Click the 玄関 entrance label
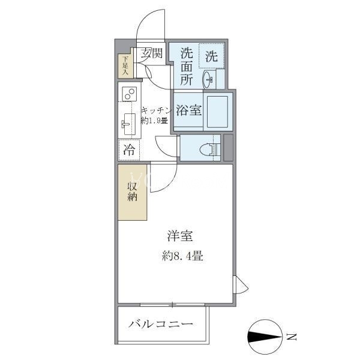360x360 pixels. click(x=152, y=53)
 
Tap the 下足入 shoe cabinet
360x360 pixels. click(x=125, y=66)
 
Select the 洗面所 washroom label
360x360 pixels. click(x=187, y=67)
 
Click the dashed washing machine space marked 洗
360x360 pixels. click(x=211, y=55)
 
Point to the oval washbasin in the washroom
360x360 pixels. click(x=208, y=80)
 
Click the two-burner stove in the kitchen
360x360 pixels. click(x=129, y=94)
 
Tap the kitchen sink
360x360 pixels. click(x=128, y=124)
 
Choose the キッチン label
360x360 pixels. click(x=157, y=110)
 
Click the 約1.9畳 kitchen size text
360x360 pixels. click(x=154, y=121)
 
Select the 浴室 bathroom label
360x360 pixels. click(x=189, y=110)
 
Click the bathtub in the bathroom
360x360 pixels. click(x=217, y=112)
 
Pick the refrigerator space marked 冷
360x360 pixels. click(x=129, y=150)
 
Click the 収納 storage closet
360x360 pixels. click(x=133, y=193)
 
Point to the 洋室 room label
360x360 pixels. click(x=180, y=236)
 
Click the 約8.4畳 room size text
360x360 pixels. click(x=182, y=256)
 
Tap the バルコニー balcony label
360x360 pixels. click(x=161, y=324)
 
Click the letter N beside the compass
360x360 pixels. click(x=292, y=337)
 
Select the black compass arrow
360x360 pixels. click(x=265, y=337)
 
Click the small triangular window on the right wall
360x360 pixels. click(x=241, y=284)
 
